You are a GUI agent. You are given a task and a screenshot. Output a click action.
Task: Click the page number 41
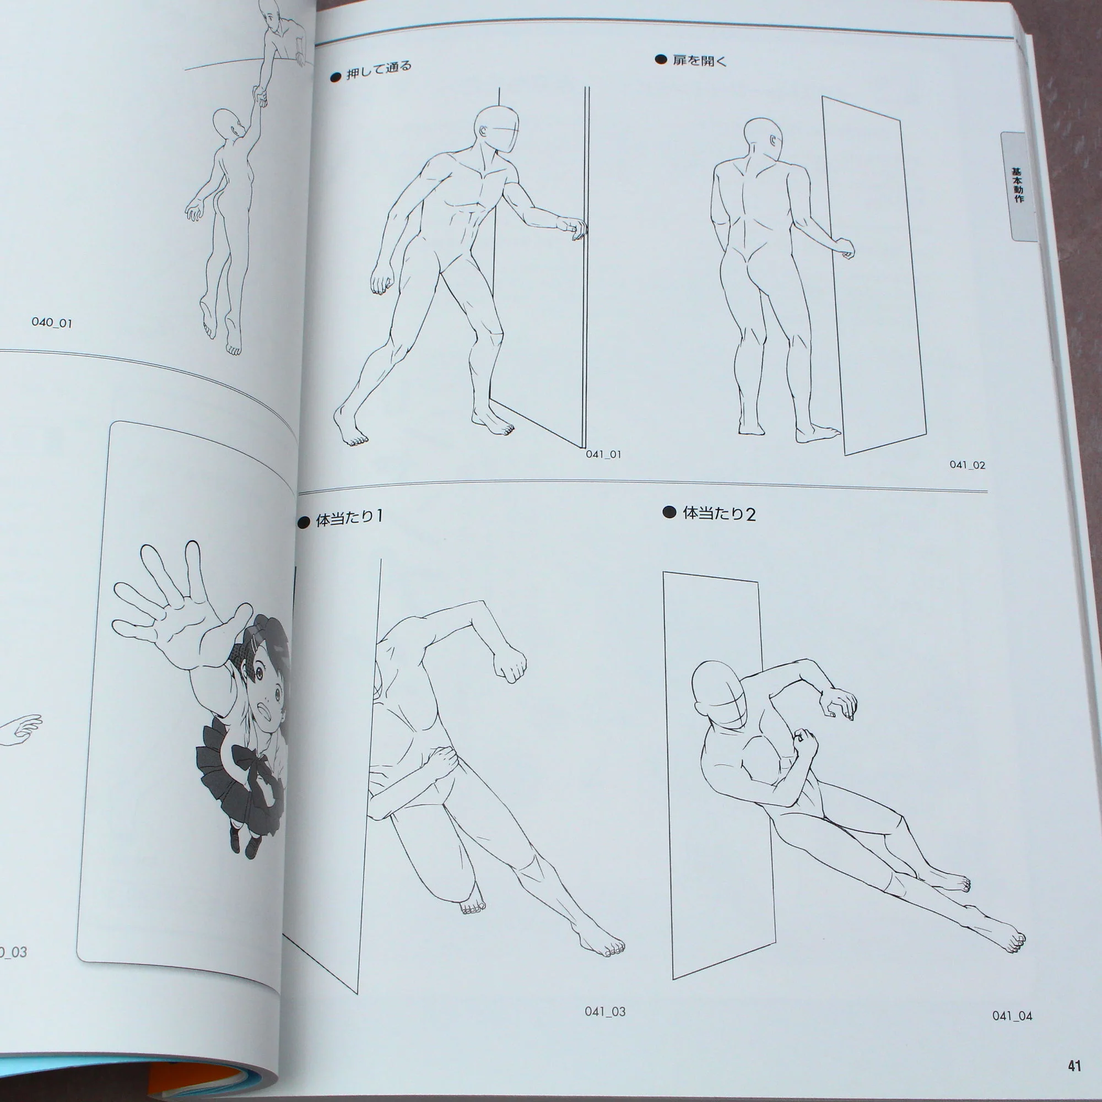coord(1074,1066)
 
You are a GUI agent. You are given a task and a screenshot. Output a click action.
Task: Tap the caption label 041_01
coord(603,455)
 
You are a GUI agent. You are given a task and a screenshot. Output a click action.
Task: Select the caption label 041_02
coord(968,465)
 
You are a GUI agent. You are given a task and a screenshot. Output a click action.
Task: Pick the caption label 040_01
coord(52,322)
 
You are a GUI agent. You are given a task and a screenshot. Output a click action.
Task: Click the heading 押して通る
coord(379,69)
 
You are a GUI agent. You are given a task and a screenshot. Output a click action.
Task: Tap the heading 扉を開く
coord(700,60)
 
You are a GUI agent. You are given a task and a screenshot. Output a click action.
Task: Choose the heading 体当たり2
coord(719,514)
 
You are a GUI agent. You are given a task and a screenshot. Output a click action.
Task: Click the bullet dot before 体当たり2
coord(669,512)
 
